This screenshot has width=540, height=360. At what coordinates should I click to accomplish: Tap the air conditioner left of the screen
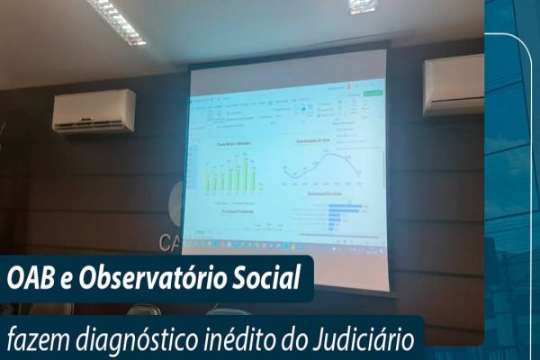[94, 111]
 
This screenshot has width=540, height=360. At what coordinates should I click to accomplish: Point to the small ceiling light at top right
[362, 5]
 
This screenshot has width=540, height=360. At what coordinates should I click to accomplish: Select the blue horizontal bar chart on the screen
[342, 214]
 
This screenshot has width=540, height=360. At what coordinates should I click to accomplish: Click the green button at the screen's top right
[372, 93]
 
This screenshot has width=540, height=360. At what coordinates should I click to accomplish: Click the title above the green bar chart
[233, 144]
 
